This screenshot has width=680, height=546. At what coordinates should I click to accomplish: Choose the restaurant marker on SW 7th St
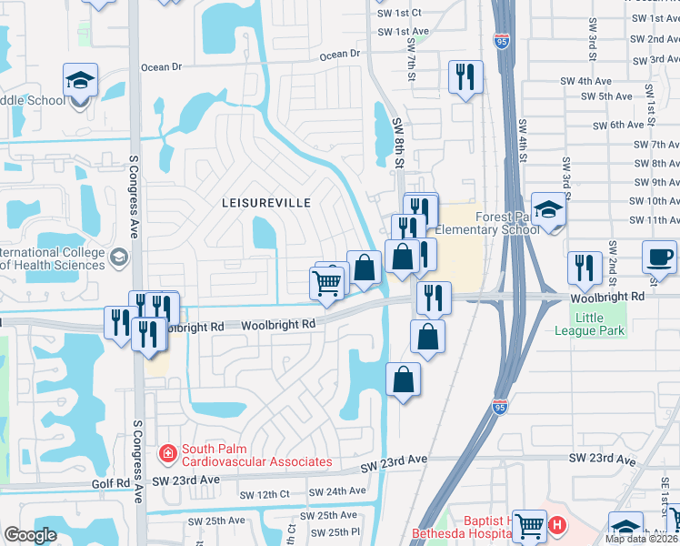(465, 77)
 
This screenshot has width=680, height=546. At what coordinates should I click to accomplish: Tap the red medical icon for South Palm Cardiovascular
(167, 451)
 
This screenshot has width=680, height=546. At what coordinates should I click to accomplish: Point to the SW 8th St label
(397, 141)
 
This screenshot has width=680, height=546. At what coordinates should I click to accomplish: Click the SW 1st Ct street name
(397, 13)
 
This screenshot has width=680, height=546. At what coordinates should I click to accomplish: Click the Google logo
(30, 535)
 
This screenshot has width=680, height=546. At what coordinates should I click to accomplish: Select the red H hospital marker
(557, 525)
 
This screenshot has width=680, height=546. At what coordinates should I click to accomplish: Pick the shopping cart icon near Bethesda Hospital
(528, 523)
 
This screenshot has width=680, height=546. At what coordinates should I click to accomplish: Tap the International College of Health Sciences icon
(118, 258)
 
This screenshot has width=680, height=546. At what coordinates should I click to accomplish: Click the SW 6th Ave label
(618, 125)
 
